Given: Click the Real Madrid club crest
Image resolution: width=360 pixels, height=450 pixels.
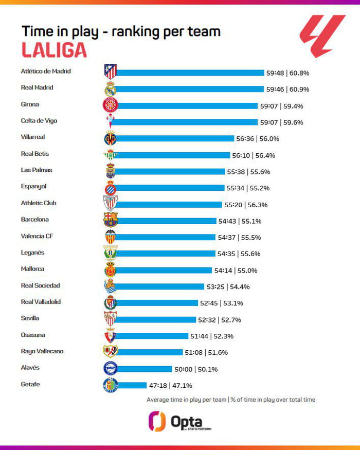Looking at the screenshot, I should [110, 88].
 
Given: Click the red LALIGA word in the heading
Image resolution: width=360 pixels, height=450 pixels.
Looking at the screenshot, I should [54, 50].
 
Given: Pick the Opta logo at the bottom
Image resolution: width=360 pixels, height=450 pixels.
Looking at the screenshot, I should [179, 421].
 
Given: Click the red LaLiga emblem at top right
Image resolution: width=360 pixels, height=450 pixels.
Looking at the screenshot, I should [322, 36].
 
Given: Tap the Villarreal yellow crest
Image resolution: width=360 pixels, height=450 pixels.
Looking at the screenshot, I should [110, 138].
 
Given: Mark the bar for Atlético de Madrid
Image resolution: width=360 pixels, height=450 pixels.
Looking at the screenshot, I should [190, 73].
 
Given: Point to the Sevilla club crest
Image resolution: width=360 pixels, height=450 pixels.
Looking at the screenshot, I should [110, 319].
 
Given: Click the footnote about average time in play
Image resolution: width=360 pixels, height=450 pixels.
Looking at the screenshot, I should [231, 400].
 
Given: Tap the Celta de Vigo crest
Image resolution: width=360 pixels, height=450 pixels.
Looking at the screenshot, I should [110, 121].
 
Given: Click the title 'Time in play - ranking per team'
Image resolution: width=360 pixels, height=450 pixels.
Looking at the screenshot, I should [121, 31].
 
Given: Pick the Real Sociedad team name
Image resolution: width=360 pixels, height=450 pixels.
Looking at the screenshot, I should [40, 285].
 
